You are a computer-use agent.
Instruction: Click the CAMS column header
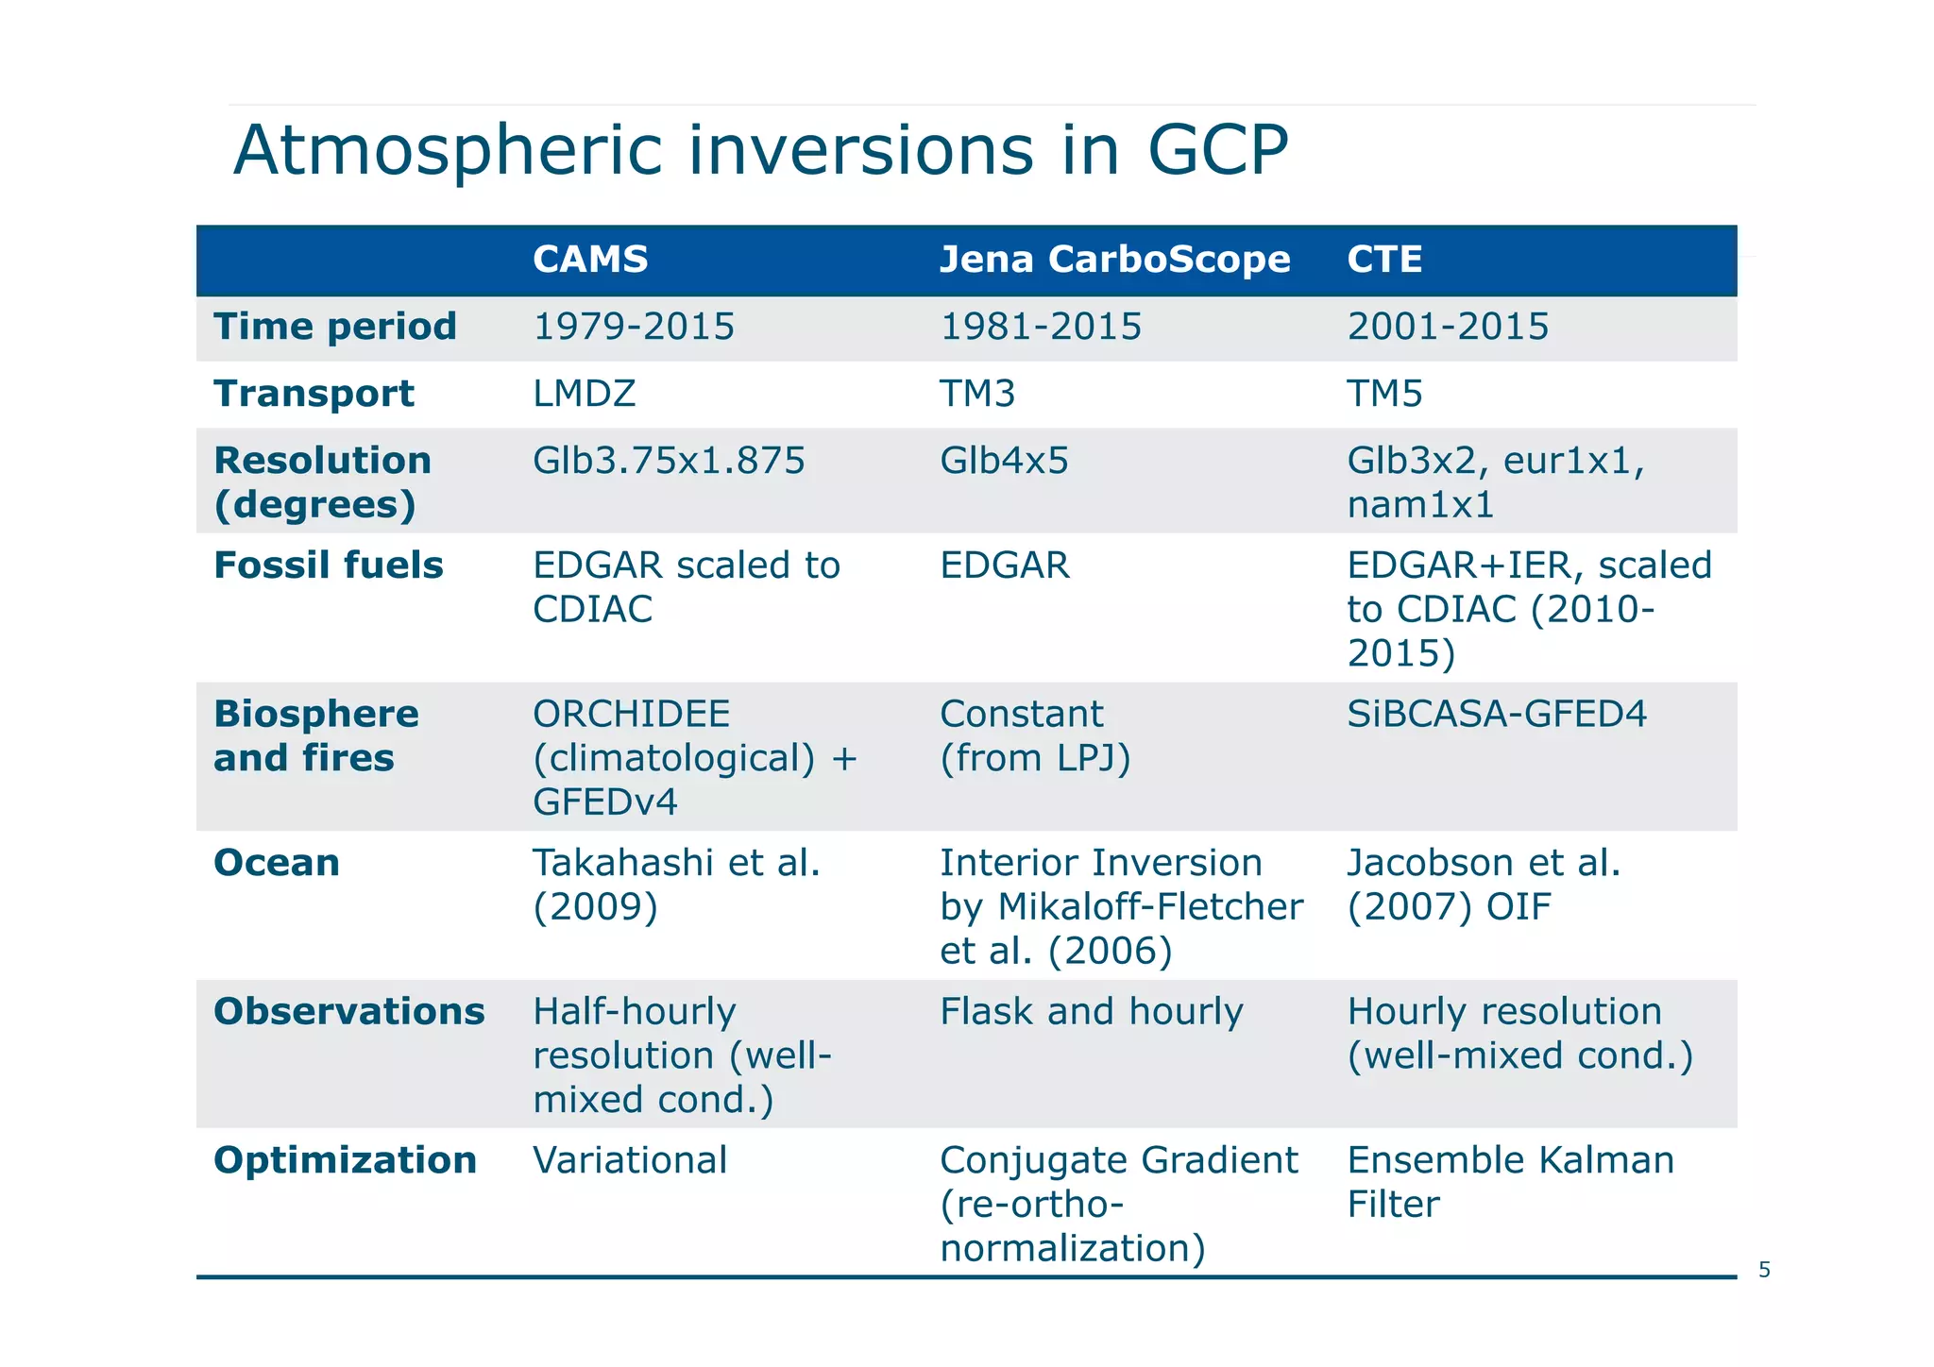[590, 260]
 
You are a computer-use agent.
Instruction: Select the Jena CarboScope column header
[1114, 260]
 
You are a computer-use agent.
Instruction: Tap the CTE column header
[1384, 260]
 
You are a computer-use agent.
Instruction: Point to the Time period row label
[335, 327]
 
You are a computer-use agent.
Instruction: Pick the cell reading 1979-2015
[634, 328]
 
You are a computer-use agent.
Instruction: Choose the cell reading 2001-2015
[1448, 328]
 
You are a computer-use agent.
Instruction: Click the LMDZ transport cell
[585, 394]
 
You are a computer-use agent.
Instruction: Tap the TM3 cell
[977, 394]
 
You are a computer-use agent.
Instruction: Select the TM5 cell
[1384, 394]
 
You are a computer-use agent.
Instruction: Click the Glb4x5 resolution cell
[1004, 461]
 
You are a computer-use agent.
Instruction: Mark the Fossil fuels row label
[329, 565]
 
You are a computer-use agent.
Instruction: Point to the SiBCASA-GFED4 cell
[1497, 714]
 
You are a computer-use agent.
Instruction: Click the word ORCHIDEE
[632, 714]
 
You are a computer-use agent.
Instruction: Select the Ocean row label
[277, 863]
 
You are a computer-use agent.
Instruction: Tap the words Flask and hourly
[1092, 1012]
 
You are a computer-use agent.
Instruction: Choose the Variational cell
[630, 1160]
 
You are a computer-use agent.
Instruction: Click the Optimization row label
[346, 1160]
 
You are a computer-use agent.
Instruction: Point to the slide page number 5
[1764, 1271]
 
